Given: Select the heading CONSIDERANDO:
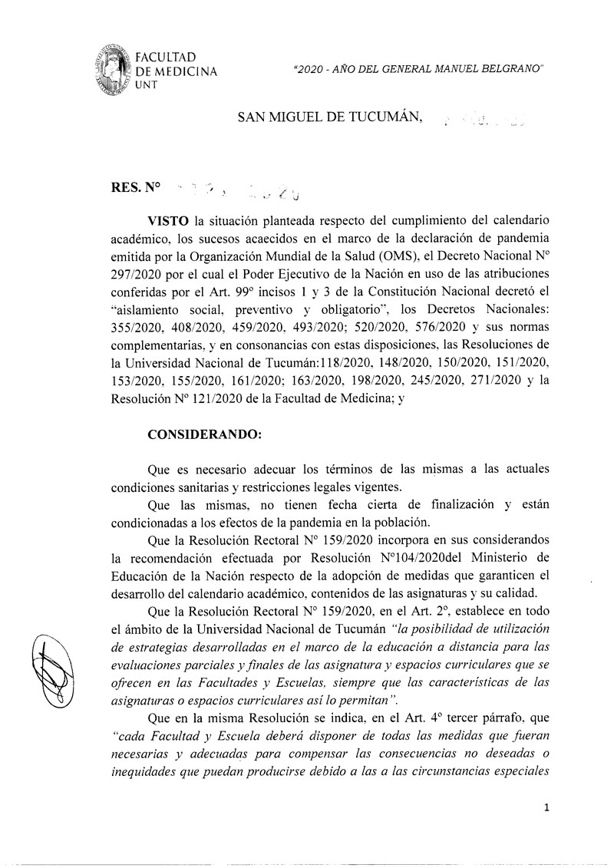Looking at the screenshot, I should pos(198,434).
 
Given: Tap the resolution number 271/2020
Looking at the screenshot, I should pos(478,379).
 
